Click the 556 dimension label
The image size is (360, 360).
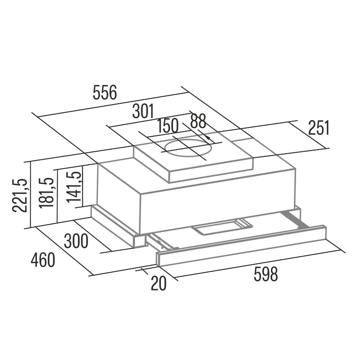(105, 92)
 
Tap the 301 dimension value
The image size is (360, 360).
(143, 111)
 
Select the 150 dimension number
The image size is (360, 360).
(168, 126)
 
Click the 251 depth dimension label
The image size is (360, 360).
(319, 128)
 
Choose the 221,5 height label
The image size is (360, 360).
(20, 195)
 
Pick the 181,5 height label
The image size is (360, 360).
(46, 193)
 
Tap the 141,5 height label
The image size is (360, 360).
(74, 187)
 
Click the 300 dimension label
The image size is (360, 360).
(76, 241)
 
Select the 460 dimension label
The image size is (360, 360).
(43, 260)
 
